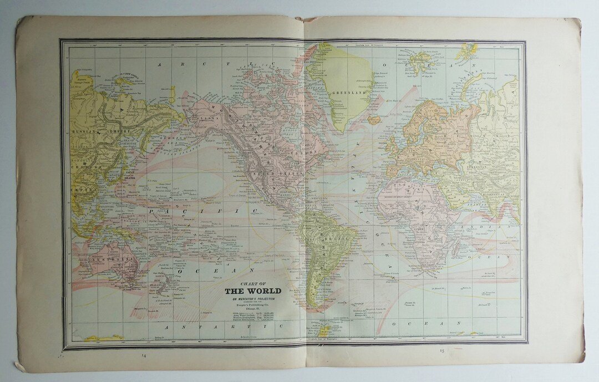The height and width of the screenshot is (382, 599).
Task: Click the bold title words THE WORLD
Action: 252,291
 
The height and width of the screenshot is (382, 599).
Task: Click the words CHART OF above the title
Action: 252,282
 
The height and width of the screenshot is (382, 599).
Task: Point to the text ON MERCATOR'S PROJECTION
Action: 252,299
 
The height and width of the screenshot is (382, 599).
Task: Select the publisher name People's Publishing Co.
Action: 252,306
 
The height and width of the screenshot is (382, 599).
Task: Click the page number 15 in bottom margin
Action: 442,350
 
